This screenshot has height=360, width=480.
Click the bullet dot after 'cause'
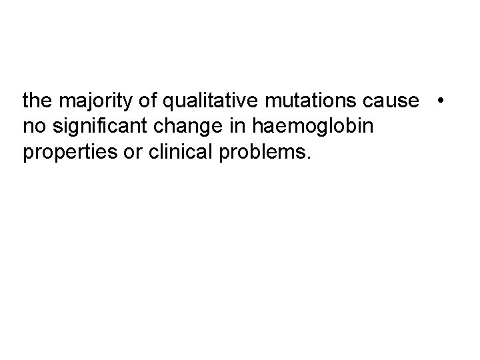coord(441,101)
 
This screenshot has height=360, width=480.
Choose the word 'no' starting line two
coord(32,127)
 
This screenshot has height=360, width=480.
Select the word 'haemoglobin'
coord(299,127)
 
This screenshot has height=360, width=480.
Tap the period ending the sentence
coord(307,159)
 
